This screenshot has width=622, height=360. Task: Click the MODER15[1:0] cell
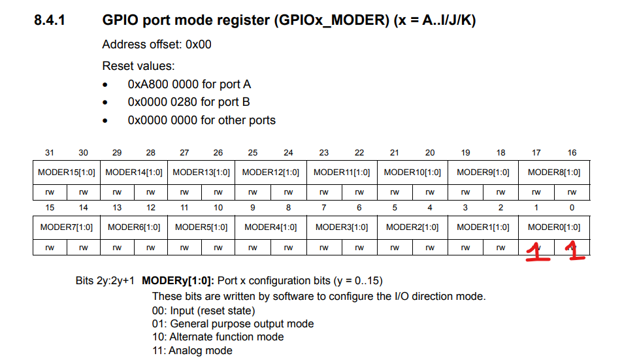tap(67, 172)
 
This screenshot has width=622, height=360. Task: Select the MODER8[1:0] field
tap(554, 172)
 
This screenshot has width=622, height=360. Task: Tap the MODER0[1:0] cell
tap(554, 227)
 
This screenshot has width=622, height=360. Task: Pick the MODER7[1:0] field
tap(67, 227)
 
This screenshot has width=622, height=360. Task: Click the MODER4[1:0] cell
tap(270, 227)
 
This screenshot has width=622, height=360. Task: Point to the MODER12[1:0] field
tap(270, 172)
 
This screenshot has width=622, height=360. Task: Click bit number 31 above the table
tap(50, 153)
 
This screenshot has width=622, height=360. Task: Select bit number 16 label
tap(572, 153)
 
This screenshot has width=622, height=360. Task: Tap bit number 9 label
tap(253, 207)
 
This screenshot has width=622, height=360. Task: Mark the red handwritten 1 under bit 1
tap(537, 252)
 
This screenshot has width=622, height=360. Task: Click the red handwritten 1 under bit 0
tap(576, 251)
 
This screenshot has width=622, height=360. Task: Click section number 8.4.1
tap(50, 20)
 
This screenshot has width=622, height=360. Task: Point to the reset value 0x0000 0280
tap(163, 102)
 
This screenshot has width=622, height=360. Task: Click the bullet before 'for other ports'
tap(105, 120)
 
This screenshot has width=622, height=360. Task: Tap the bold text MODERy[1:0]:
tap(178, 281)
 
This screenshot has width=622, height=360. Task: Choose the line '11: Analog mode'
tap(192, 350)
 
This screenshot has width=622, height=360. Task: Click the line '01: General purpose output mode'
tap(233, 324)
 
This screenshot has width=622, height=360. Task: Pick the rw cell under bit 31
tap(50, 192)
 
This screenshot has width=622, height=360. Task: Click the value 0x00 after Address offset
tap(199, 44)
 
